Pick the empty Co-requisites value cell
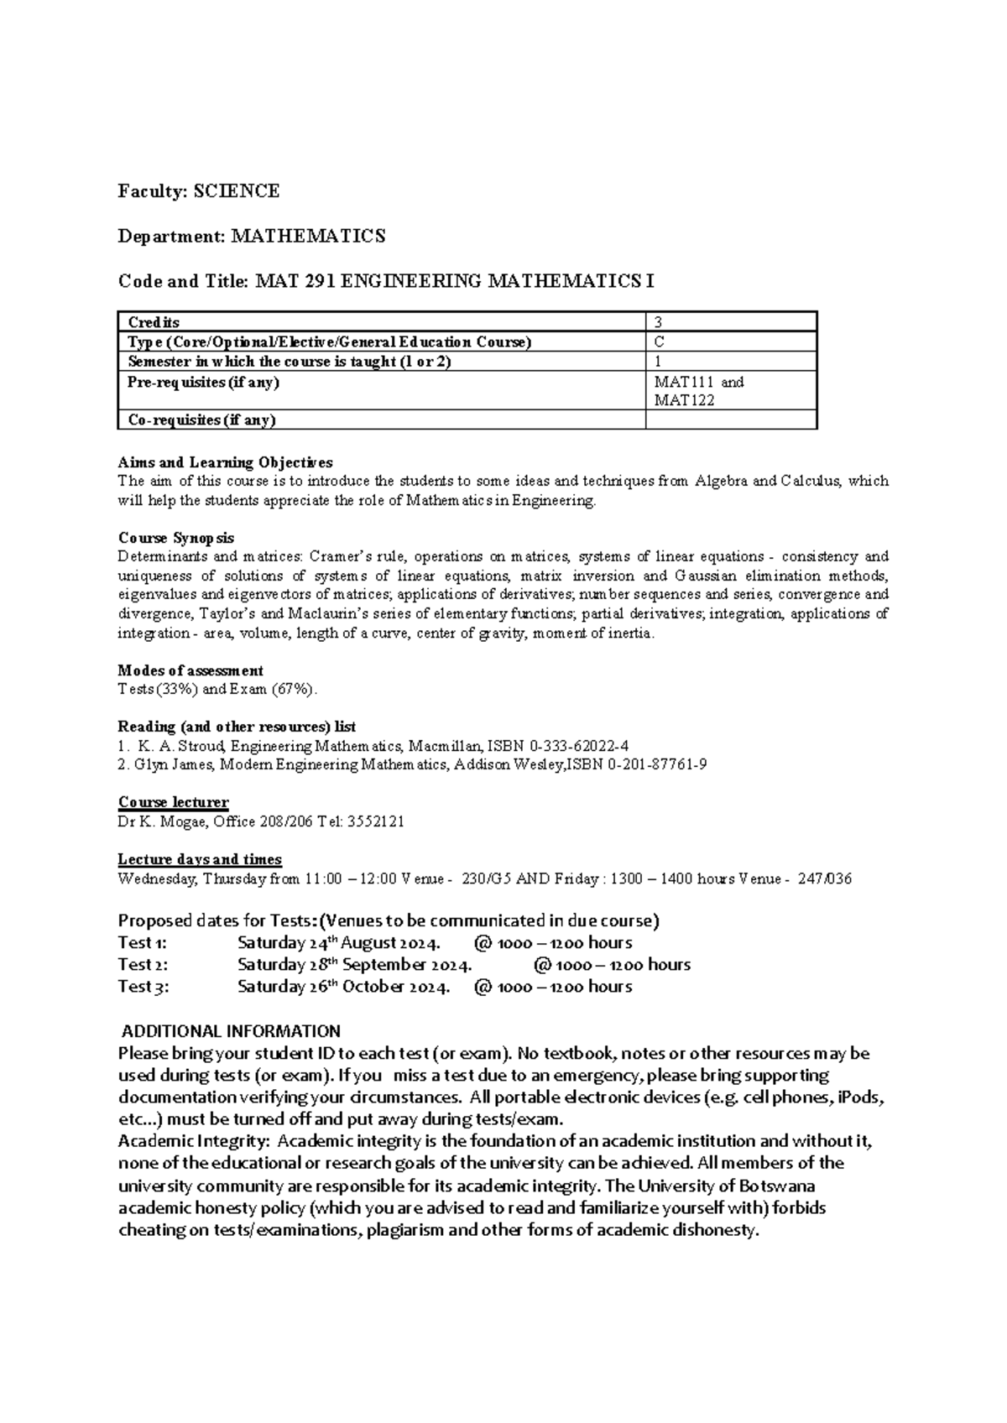pyautogui.click(x=730, y=420)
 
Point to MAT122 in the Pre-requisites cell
pyautogui.click(x=685, y=400)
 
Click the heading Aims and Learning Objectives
pyautogui.click(x=225, y=462)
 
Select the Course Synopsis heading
pyautogui.click(x=176, y=538)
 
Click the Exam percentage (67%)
pyautogui.click(x=294, y=690)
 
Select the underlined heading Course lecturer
pyautogui.click(x=173, y=803)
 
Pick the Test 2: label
pyautogui.click(x=143, y=965)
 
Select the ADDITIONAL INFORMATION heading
pyautogui.click(x=232, y=1031)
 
